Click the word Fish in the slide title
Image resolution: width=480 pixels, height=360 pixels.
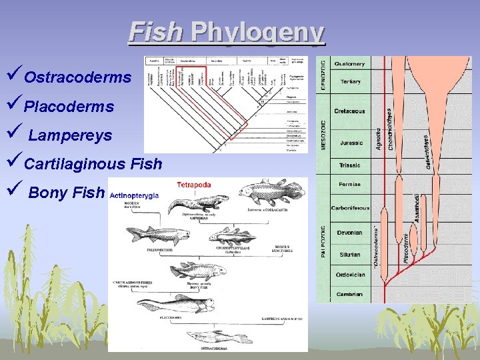point(155,32)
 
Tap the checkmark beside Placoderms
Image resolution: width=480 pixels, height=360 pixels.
point(15,105)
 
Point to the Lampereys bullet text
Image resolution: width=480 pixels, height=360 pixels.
point(70,136)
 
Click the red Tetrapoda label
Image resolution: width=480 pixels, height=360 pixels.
point(194,185)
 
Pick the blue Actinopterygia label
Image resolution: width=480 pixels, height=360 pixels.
point(134,195)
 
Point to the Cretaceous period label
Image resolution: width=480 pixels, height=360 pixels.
point(349,111)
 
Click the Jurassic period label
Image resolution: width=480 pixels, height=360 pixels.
point(351,143)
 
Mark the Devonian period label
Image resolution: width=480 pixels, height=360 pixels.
point(349,233)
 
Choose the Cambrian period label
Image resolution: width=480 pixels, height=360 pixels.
point(349,294)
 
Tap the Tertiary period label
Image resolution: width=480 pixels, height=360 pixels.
point(351,82)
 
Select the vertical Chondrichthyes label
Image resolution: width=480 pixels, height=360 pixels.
point(391,130)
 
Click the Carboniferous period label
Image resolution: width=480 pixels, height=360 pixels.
point(351,208)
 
